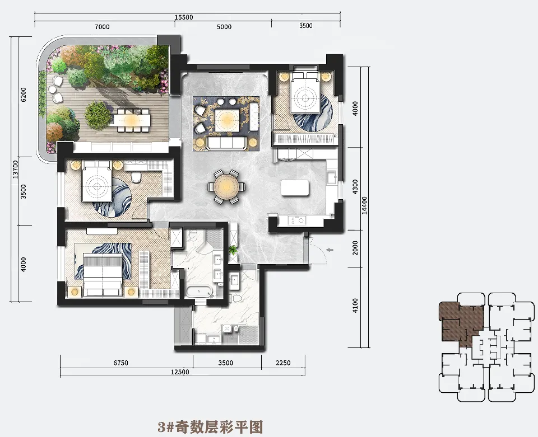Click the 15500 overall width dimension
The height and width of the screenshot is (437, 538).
184,17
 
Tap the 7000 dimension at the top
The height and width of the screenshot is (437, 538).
102,27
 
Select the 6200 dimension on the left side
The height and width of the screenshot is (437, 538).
24,95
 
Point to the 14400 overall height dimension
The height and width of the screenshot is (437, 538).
364,205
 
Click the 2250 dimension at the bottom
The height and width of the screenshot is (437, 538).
283,363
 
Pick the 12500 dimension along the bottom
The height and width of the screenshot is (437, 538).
180,372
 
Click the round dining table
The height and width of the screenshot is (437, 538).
226,187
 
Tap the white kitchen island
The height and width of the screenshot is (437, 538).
294,188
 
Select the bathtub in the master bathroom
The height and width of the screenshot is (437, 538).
200,292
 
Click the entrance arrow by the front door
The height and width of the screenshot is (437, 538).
330,250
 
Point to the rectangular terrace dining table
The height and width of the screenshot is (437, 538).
132,120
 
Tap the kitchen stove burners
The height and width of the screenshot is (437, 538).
297,220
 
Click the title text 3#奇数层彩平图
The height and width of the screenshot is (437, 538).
210,427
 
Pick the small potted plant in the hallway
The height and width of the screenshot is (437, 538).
233,250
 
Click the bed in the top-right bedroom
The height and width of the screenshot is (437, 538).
305,92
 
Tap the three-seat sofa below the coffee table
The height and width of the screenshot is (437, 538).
226,143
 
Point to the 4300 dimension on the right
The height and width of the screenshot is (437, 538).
355,187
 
